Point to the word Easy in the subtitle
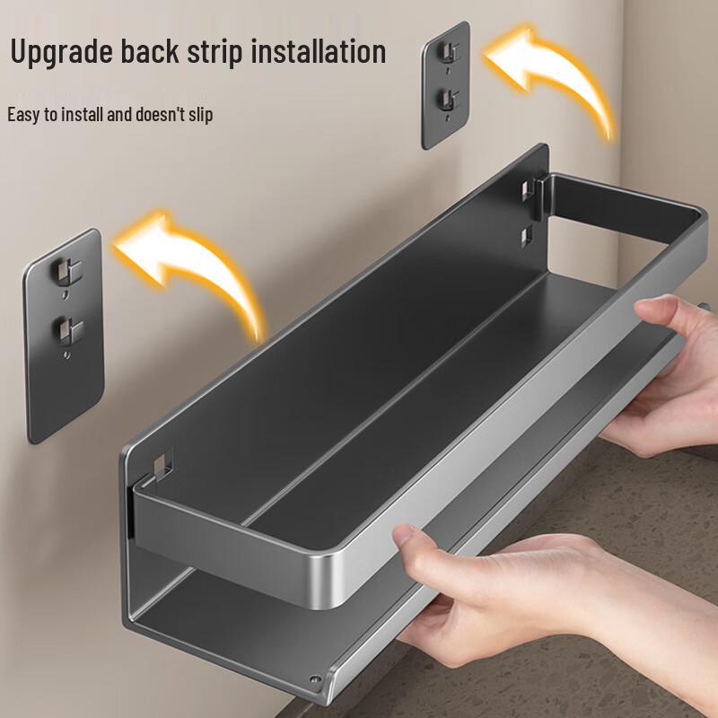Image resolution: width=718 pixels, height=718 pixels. (23, 115)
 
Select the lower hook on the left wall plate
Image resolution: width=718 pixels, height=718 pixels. (63, 328)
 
